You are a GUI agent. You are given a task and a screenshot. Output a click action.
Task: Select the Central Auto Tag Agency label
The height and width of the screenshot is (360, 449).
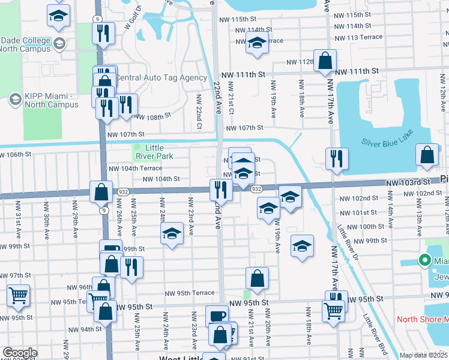tap(160, 78)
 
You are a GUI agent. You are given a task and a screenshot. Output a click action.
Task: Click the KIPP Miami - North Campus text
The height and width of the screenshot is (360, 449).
tap(52, 100)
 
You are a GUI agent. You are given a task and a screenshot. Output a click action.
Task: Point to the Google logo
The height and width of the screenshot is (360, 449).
tap(20, 353)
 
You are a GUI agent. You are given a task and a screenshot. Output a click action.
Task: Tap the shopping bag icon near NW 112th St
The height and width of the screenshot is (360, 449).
tap(325, 61)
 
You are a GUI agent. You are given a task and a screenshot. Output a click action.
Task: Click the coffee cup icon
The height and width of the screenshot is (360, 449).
tap(217, 316)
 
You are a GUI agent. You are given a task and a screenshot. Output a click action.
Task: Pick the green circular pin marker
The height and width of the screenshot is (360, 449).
tap(424, 260)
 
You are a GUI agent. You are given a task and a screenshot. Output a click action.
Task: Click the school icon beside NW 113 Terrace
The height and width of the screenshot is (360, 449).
tap(257, 44)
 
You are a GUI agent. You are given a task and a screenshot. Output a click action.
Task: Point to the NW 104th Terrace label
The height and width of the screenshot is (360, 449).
tap(135, 169)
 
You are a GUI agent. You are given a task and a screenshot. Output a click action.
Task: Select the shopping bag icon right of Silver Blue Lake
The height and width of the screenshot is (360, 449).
tap(426, 155)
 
